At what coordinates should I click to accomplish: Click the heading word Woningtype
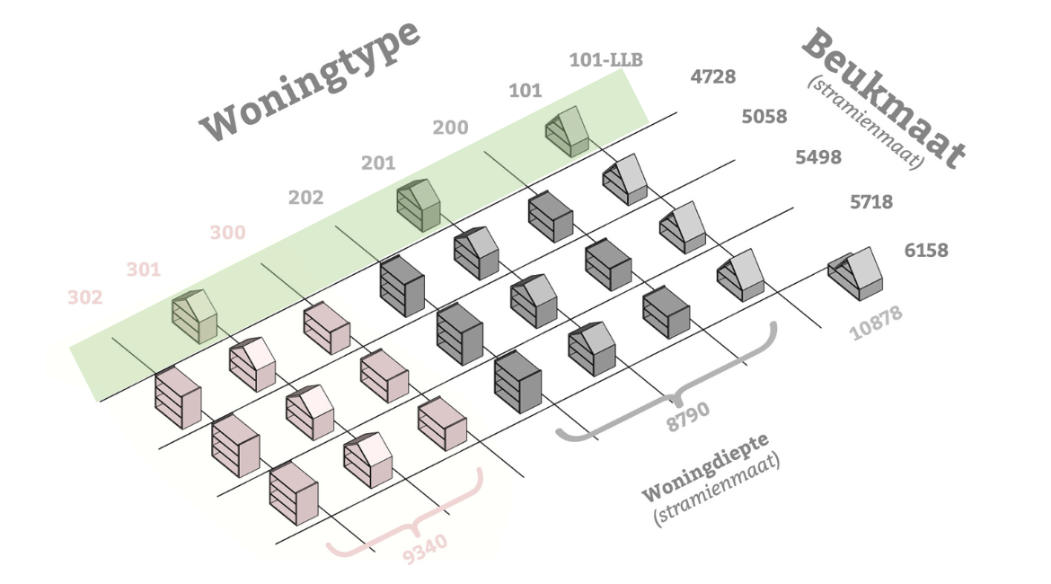click(311, 81)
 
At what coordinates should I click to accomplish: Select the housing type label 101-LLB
click(606, 61)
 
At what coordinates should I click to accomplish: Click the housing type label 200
click(450, 127)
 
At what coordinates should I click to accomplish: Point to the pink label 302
click(85, 297)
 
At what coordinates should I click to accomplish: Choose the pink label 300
click(227, 233)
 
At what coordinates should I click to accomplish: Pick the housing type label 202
click(305, 198)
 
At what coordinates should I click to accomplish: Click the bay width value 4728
click(712, 76)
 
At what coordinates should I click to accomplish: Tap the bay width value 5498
click(818, 157)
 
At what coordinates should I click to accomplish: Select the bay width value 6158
click(926, 250)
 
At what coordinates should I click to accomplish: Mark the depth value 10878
click(876, 323)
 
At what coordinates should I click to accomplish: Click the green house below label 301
click(195, 316)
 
